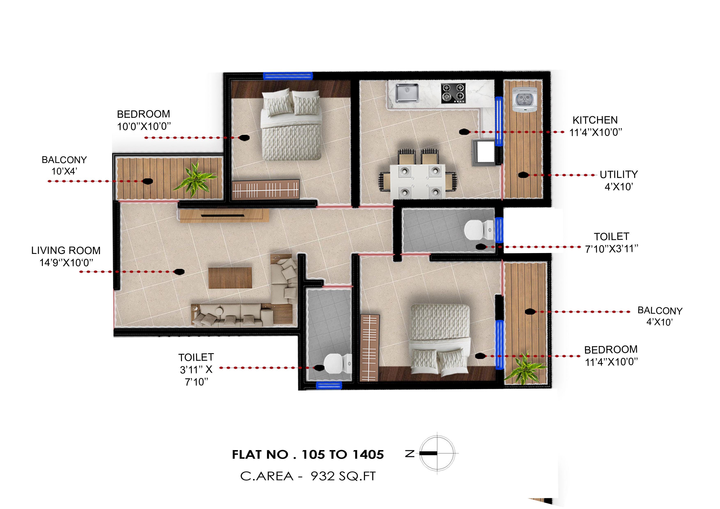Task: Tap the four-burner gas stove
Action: point(453,93)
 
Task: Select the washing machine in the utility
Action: point(524,99)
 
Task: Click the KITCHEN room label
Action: point(595,120)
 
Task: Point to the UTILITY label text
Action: point(618,174)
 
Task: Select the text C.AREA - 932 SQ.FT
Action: point(308,476)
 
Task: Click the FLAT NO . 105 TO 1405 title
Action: point(308,454)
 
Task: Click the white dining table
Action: point(417,181)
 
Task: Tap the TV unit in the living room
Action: point(224,216)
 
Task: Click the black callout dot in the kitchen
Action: point(464,132)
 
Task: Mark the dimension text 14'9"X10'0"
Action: point(66,263)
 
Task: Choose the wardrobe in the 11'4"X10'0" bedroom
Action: point(369,347)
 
